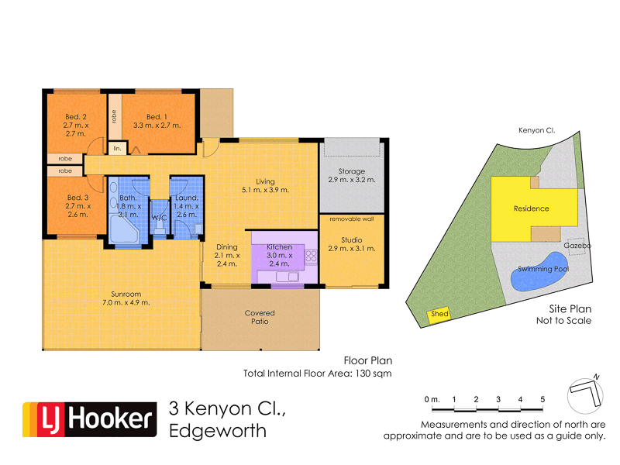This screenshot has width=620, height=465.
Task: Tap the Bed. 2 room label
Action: coord(76,118)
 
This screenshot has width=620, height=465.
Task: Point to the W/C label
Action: coord(160,218)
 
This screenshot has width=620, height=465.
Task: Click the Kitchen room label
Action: coord(279,246)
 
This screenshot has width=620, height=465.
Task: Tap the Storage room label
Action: coord(352,171)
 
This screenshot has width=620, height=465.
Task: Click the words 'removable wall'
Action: coord(352,219)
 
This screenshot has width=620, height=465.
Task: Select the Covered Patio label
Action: coord(260,317)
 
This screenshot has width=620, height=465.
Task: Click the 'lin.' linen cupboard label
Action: coord(117,147)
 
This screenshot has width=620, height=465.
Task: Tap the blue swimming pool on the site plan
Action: coord(541,271)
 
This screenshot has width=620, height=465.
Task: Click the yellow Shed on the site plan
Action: coord(439,314)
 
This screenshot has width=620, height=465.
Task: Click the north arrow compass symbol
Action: coord(586,392)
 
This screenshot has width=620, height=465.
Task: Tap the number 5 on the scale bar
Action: coord(542,399)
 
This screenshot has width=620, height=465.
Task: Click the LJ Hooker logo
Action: coord(88,419)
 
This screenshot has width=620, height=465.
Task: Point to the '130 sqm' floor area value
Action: coord(374,374)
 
